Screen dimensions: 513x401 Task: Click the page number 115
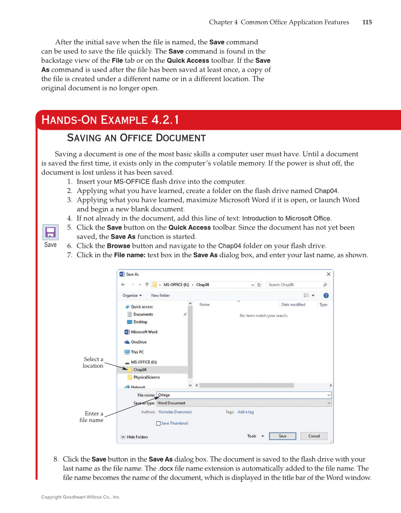click(367, 22)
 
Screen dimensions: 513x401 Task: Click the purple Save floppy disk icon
click(51, 232)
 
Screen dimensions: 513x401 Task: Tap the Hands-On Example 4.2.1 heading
click(110, 120)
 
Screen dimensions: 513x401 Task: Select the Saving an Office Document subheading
click(137, 138)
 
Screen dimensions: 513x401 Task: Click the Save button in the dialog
click(282, 436)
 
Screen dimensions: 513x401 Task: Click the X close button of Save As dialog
click(328, 274)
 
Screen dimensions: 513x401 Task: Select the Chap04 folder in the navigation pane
click(140, 370)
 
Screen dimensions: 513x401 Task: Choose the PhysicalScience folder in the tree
click(146, 378)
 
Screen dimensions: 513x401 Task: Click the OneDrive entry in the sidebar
click(138, 342)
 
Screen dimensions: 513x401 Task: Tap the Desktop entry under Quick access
click(140, 322)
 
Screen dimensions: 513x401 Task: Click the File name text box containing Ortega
click(243, 395)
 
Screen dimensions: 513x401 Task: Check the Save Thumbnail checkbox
click(159, 423)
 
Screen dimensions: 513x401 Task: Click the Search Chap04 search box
click(295, 285)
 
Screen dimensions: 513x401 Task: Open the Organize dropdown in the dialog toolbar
click(132, 295)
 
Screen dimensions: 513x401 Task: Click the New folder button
click(160, 295)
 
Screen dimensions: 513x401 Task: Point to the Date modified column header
click(293, 305)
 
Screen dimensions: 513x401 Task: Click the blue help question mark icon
click(326, 295)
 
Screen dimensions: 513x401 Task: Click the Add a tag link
click(245, 412)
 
